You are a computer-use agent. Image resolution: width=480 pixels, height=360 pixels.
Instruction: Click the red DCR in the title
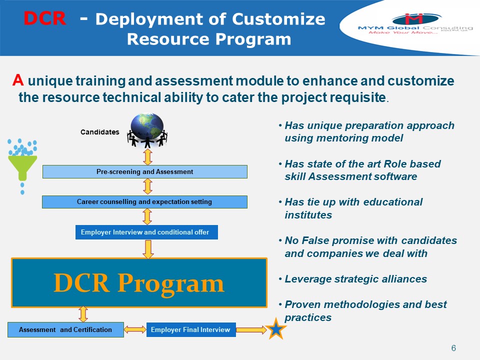click(44, 19)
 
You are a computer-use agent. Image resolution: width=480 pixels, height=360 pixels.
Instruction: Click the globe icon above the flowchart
click(147, 127)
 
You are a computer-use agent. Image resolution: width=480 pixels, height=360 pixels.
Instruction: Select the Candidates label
click(100, 132)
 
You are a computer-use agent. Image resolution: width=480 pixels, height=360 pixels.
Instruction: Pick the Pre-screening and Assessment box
click(144, 171)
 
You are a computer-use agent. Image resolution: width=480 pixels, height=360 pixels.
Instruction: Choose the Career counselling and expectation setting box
click(144, 202)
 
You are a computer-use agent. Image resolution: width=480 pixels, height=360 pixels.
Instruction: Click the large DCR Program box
click(139, 283)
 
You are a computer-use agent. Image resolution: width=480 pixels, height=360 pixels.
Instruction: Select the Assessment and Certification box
click(65, 329)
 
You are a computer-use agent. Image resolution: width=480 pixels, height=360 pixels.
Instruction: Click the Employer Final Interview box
click(190, 329)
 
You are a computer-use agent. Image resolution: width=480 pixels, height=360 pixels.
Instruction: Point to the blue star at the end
click(276, 329)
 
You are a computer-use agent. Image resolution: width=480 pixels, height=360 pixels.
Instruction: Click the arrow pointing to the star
click(251, 329)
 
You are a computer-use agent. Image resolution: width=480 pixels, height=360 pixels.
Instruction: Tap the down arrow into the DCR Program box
click(148, 249)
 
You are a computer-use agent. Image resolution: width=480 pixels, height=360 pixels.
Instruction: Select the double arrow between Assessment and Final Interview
click(135, 329)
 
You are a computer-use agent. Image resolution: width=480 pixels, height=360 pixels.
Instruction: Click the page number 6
click(453, 348)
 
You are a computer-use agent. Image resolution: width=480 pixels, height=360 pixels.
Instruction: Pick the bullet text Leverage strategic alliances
click(355, 279)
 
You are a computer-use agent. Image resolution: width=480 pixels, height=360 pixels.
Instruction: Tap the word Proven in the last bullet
click(301, 304)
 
